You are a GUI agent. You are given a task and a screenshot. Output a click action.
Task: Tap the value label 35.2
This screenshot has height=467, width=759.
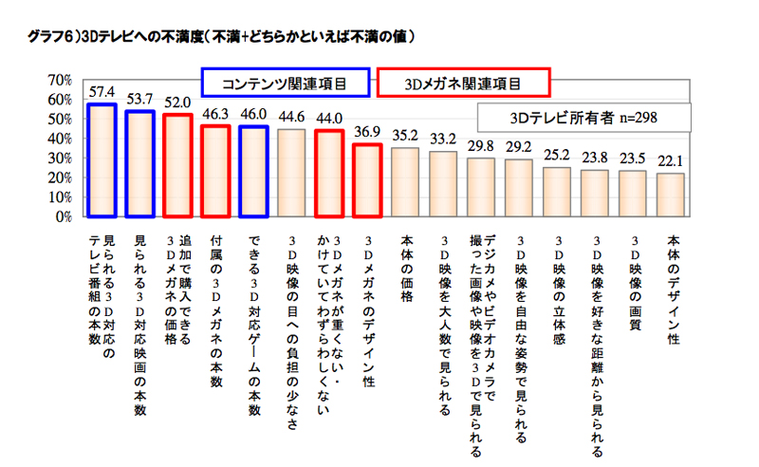[405, 136]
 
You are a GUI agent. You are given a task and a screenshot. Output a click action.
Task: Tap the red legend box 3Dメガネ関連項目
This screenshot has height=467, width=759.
[463, 84]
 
